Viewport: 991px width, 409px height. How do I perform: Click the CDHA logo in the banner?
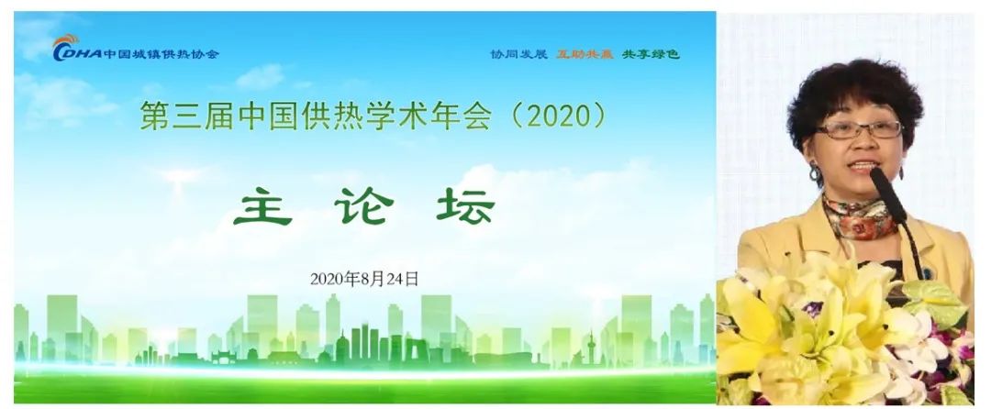[x=76, y=48]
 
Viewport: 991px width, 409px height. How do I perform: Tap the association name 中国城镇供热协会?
[x=161, y=54]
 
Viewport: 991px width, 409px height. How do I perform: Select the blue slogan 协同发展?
[x=518, y=54]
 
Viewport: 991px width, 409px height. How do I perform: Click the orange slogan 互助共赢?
[x=585, y=54]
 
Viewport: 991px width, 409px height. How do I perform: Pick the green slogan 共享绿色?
[x=651, y=54]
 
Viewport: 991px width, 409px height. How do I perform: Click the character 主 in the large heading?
[x=263, y=206]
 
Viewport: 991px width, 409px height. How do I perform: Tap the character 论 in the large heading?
[x=364, y=206]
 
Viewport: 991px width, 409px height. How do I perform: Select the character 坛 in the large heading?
[x=465, y=206]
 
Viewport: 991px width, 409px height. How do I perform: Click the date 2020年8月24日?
[x=364, y=279]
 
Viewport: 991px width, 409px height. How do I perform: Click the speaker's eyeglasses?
[x=859, y=130]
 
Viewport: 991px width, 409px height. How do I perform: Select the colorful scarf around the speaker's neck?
[x=860, y=217]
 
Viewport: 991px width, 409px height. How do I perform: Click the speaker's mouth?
[x=862, y=165]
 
